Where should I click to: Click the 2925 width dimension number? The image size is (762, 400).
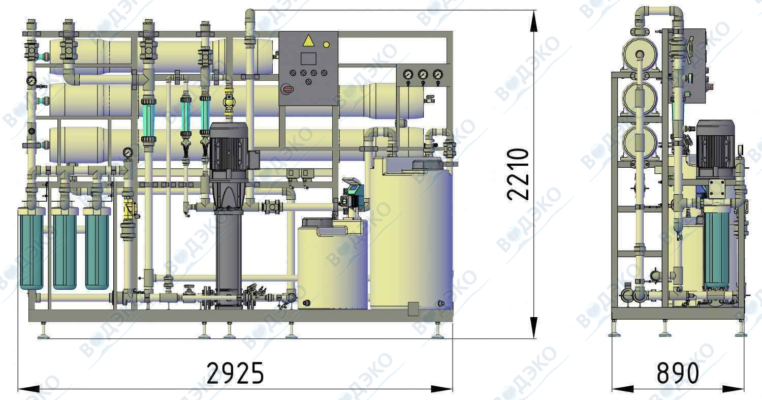(x=235, y=373)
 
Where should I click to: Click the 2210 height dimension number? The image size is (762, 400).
(x=518, y=174)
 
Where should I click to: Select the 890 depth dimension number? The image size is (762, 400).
(x=678, y=373)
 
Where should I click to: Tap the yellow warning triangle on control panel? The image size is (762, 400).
(x=308, y=40)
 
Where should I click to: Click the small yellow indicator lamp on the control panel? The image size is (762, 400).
(x=326, y=44)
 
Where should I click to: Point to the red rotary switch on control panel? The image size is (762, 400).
(x=287, y=89)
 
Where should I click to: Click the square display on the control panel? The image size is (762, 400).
(x=308, y=58)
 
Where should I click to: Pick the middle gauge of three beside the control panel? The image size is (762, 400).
(x=423, y=75)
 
